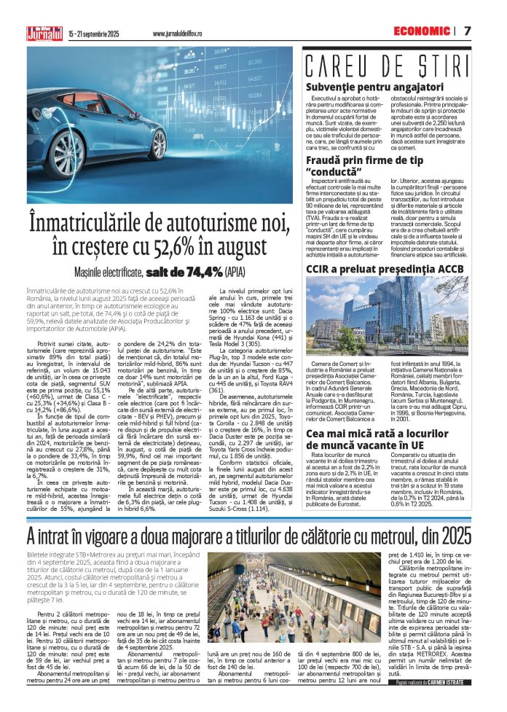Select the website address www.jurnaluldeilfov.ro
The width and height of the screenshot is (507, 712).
point(178,34)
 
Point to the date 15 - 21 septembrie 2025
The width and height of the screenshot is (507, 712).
point(94,34)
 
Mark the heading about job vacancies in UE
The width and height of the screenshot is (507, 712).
point(385,438)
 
